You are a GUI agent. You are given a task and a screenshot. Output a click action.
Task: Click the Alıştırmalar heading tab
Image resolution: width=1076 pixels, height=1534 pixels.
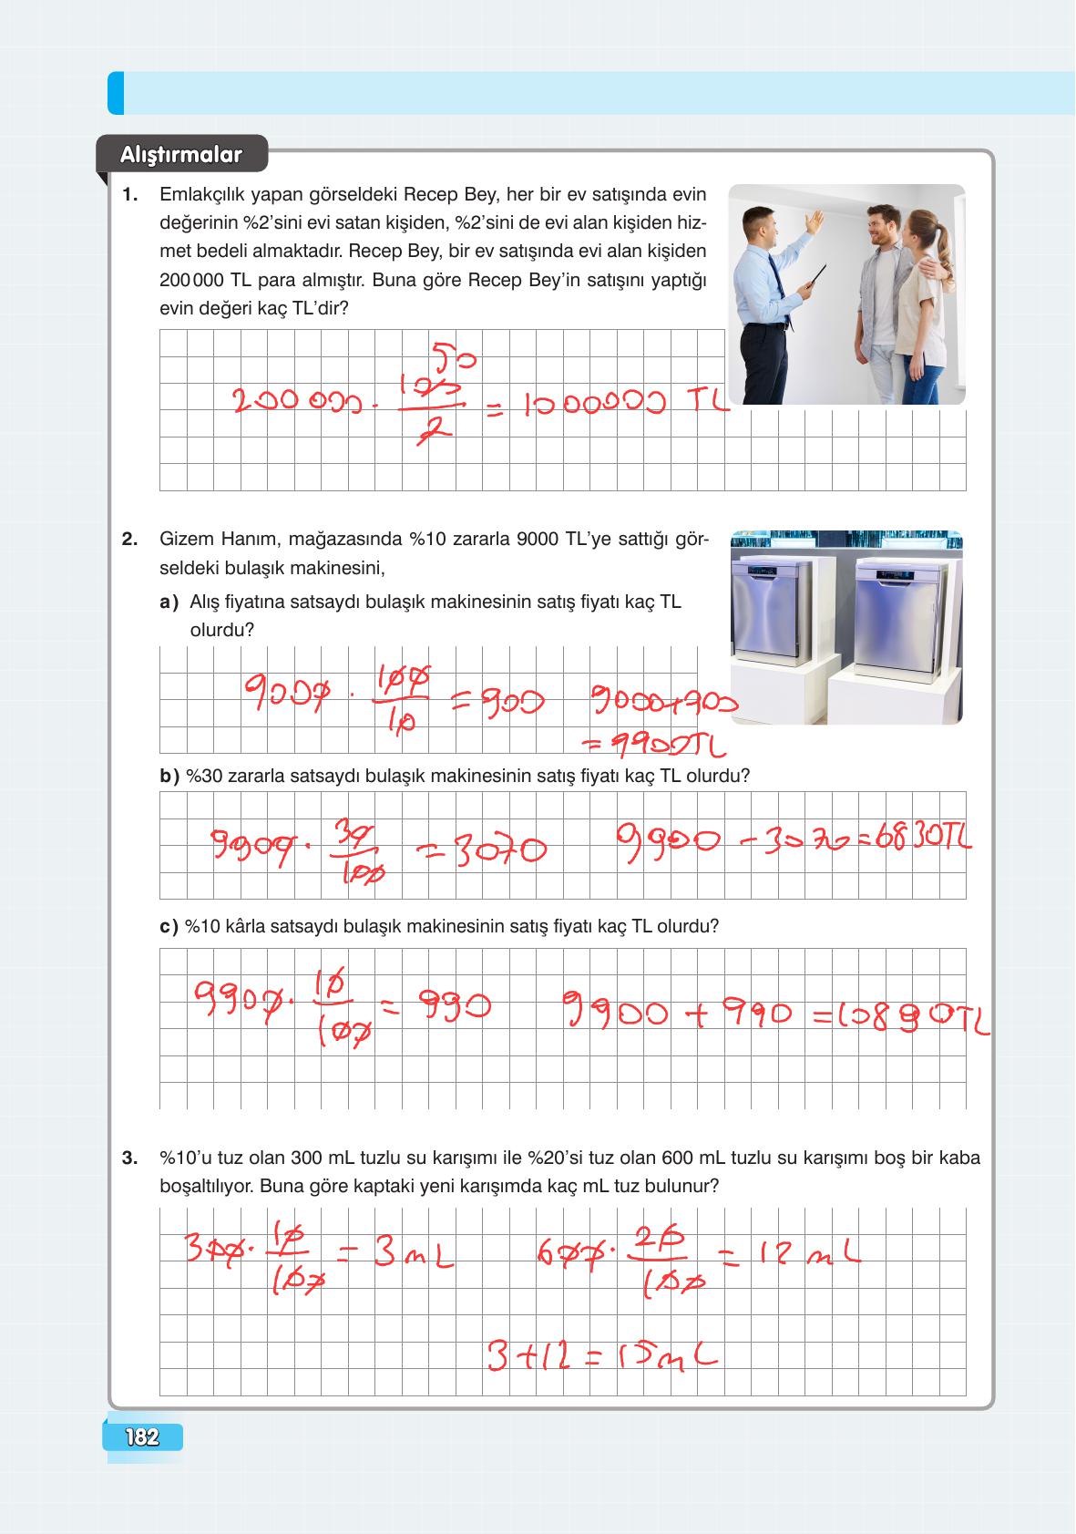pyautogui.click(x=181, y=155)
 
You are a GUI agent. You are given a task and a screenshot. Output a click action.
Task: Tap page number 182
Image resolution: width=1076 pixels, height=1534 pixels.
pyautogui.click(x=143, y=1437)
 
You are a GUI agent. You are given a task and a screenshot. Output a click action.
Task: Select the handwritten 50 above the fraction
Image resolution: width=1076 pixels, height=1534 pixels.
pyautogui.click(x=453, y=357)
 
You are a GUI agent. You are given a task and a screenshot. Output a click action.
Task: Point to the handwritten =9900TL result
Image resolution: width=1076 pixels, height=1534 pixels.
pyautogui.click(x=654, y=746)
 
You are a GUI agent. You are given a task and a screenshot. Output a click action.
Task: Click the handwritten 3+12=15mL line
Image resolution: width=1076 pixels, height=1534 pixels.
pyautogui.click(x=601, y=1358)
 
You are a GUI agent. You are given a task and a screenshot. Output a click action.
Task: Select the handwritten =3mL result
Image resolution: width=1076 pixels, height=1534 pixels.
pyautogui.click(x=401, y=1256)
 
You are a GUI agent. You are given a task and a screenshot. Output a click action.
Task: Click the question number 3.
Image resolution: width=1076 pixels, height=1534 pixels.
pyautogui.click(x=129, y=1158)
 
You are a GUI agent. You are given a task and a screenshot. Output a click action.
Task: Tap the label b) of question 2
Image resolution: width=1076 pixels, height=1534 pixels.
pyautogui.click(x=169, y=777)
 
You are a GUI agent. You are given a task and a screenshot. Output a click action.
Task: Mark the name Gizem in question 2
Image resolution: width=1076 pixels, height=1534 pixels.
pyautogui.click(x=189, y=540)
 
